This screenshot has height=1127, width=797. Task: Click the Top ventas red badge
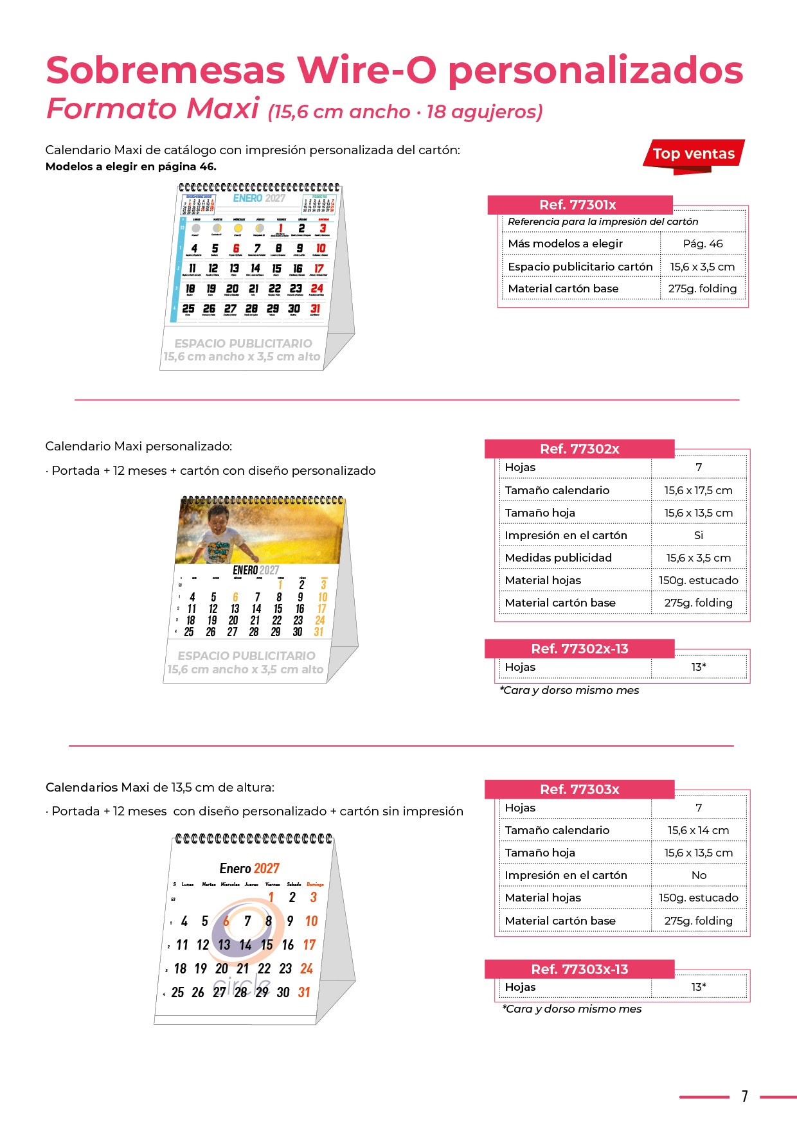[x=694, y=154]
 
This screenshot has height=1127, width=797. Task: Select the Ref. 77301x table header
[x=578, y=205]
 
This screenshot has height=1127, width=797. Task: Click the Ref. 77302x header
[x=579, y=449]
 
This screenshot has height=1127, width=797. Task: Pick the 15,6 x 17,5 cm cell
[x=698, y=490]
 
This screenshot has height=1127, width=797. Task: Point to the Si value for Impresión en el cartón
[x=698, y=535]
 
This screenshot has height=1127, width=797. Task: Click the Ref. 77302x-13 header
[x=579, y=649]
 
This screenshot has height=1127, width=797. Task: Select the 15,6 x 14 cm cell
[x=698, y=830]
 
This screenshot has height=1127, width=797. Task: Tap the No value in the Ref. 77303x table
[x=699, y=875]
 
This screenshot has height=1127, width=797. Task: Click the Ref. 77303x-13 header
[x=579, y=970]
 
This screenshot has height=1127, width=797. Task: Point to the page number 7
[x=744, y=1096]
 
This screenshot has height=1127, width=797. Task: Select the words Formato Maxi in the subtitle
[x=153, y=109]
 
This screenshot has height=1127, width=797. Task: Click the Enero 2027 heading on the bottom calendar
[x=249, y=869]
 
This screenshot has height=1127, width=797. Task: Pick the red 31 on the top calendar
[x=315, y=309]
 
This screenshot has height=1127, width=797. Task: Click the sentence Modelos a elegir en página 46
[x=131, y=166]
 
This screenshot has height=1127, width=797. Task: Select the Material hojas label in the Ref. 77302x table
[x=542, y=580]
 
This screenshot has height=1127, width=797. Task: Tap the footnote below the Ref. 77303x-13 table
[x=571, y=1009]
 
